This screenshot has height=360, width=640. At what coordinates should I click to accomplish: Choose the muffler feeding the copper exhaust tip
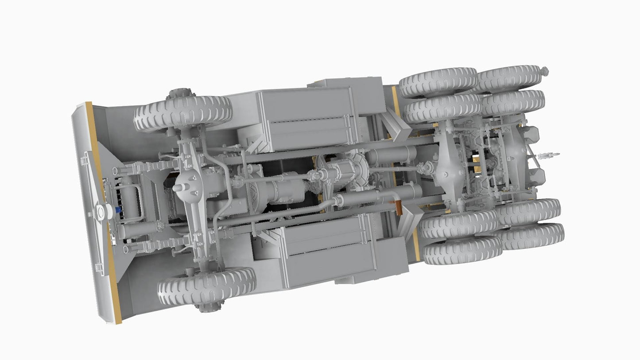pyautogui.click(x=379, y=195)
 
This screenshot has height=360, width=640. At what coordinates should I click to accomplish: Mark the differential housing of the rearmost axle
pyautogui.click(x=516, y=155)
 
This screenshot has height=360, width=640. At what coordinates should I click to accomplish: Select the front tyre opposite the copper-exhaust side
pyautogui.click(x=182, y=113)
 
